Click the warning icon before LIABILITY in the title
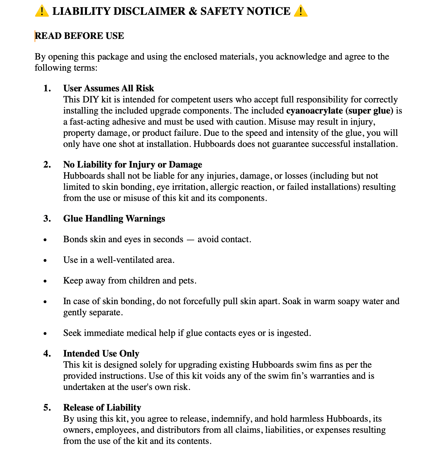click(42, 11)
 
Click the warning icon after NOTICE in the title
click(301, 11)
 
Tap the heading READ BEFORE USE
click(79, 36)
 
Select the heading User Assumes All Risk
click(108, 88)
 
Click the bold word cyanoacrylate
click(314, 110)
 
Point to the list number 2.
click(47, 164)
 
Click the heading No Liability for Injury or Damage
click(133, 164)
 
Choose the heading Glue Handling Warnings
click(114, 218)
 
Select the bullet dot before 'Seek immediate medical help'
click(45, 334)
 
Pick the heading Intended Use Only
click(101, 353)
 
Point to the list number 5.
click(47, 407)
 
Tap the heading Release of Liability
click(102, 407)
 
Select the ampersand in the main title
click(193, 11)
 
